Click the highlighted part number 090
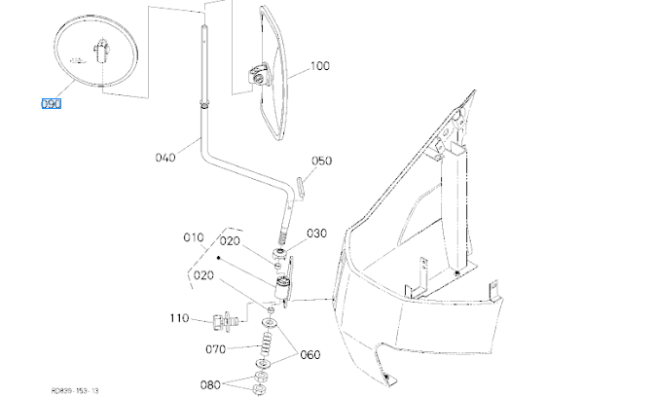coord(51,103)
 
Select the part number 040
coord(164,155)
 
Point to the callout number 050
coord(322,161)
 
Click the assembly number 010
coord(194,236)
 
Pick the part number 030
coord(317,234)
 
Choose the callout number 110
coord(178,318)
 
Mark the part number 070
coord(216,347)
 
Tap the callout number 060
coord(309,354)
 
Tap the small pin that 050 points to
coord(301,183)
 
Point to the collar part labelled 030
coord(279,258)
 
